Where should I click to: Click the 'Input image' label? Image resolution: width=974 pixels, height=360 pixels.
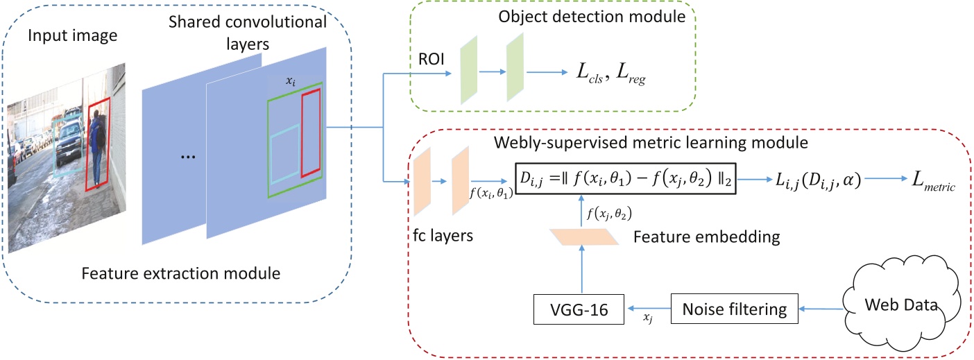(x=63, y=36)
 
